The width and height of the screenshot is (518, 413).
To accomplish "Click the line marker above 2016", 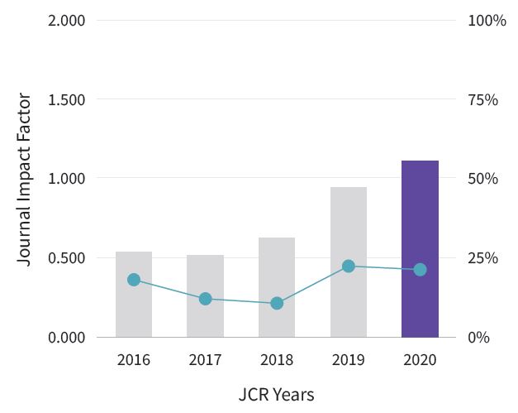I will point(134,280).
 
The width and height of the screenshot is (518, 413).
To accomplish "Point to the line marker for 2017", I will point(205,299).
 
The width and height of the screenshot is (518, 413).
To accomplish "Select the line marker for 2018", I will point(277,304).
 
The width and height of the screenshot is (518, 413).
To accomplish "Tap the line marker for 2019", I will point(349,267).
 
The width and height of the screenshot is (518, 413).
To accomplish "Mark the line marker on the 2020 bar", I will point(420,270).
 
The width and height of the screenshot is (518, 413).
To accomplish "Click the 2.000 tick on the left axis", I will point(66,20).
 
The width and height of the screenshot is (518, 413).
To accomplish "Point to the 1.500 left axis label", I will point(66,99).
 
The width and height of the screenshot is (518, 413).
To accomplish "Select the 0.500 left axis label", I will point(66,258).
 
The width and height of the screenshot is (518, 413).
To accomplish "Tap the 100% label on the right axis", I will point(487,20).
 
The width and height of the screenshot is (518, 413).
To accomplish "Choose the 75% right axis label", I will point(482,99).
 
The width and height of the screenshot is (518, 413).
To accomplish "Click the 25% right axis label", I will point(482,258).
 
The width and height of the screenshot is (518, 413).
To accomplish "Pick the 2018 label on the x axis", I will point(277,360).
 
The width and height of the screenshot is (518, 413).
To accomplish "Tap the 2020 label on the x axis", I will point(420,360).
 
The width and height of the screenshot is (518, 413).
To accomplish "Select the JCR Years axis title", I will point(277,394).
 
